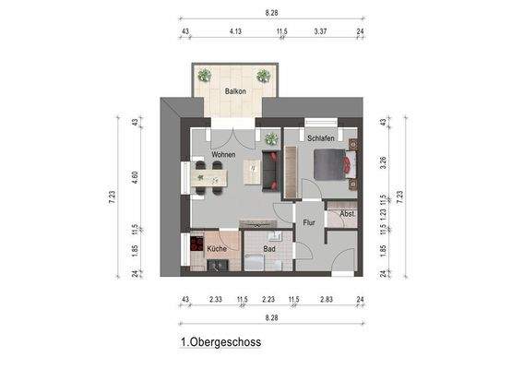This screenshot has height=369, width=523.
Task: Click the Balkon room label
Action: point(235,91)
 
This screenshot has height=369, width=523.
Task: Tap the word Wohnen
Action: point(224,155)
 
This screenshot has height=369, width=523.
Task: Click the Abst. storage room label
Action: point(347,214)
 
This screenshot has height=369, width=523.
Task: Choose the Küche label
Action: point(217,249)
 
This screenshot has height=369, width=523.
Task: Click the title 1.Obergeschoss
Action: point(221,342)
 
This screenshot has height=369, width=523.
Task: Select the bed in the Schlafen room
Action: point(333,164)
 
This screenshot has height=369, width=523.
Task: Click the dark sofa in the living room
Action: point(272,172)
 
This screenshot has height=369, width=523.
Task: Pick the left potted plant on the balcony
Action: point(204,75)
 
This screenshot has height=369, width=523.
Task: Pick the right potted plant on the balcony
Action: point(264,75)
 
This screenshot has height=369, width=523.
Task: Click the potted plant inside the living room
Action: point(271,140)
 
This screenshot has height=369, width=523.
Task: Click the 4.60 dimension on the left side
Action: point(135,176)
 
